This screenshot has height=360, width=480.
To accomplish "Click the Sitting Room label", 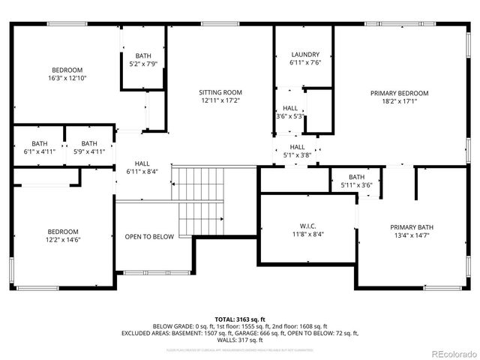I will click(220, 92).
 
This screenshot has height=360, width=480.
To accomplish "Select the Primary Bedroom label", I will click(394, 94).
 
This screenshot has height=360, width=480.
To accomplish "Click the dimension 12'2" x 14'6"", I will click(64, 239).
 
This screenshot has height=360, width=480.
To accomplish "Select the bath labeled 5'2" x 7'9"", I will click(142, 64).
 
